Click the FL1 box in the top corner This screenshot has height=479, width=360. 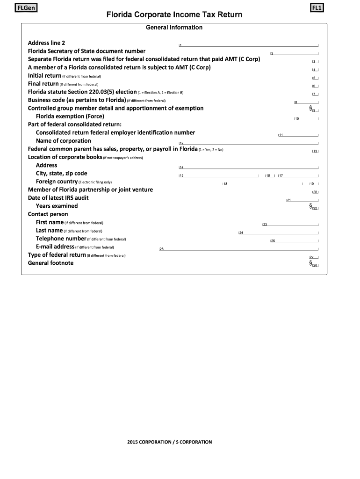click(x=320, y=8)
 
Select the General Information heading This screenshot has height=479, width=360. click(x=174, y=28)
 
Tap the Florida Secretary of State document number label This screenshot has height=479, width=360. click(x=86, y=51)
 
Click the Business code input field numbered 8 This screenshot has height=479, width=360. click(x=306, y=102)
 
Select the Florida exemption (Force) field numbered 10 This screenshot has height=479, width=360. click(x=306, y=118)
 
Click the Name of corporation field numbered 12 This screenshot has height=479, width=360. click(x=248, y=142)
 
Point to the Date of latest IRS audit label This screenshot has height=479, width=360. click(x=58, y=198)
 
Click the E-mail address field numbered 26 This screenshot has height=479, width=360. click(x=238, y=248)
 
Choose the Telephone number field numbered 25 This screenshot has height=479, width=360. click(x=294, y=240)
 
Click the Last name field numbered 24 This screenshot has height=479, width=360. click(x=278, y=232)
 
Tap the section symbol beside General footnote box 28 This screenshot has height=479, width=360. click(x=310, y=263)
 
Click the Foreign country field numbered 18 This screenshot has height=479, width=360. click(x=262, y=183)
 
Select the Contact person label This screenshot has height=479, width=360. click(x=48, y=214)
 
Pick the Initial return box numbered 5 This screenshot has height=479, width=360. click(x=315, y=78)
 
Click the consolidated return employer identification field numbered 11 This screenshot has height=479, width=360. click(x=298, y=134)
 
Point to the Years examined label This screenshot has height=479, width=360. click(x=57, y=206)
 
